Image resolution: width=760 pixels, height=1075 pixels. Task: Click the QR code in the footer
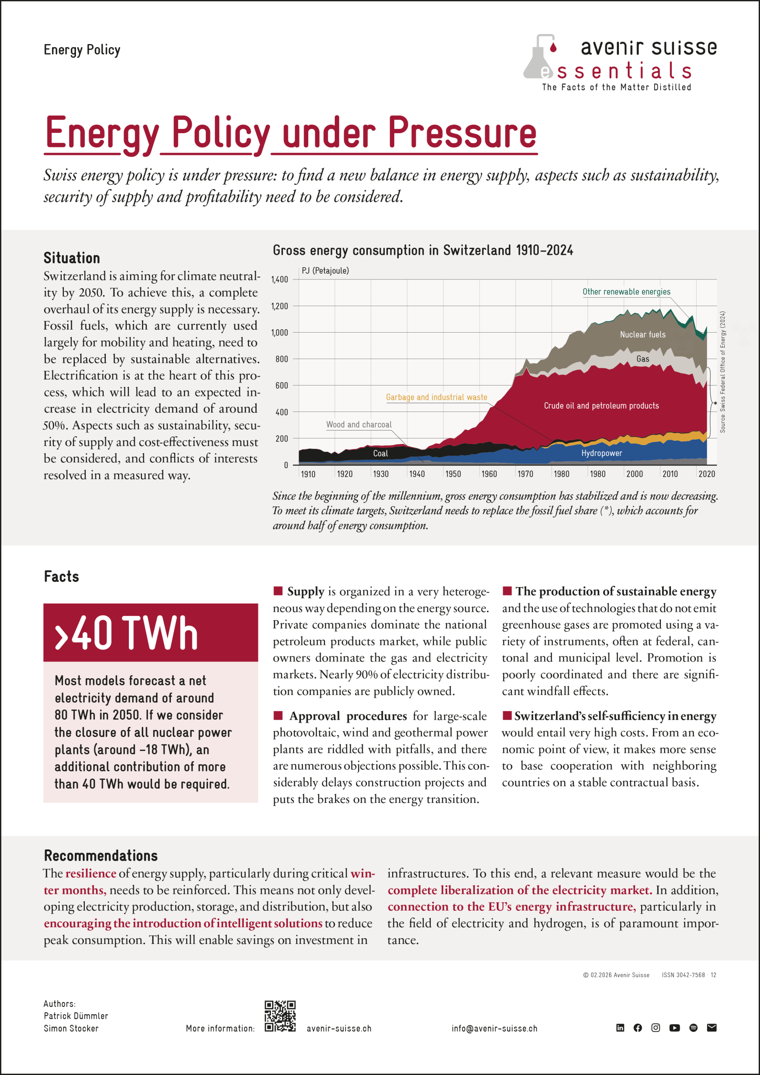tap(280, 1016)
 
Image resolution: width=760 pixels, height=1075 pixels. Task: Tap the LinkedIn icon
tap(620, 1027)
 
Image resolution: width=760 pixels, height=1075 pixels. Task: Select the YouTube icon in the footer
tap(674, 1028)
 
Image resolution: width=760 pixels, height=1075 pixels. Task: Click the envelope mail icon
tap(712, 1027)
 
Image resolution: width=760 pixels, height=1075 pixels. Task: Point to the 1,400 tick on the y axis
tap(280, 280)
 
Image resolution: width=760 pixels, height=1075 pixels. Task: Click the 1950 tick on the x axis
tap(453, 474)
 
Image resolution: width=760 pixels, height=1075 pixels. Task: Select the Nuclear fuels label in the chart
tap(642, 334)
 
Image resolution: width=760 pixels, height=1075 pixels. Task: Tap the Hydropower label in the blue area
tap(602, 453)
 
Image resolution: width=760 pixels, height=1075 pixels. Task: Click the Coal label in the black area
tap(380, 453)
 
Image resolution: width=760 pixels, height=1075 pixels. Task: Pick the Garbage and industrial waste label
tap(436, 397)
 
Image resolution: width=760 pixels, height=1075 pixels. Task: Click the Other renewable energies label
tap(626, 292)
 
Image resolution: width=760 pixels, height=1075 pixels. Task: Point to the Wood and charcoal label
tap(359, 425)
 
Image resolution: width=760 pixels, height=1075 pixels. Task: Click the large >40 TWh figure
tap(126, 632)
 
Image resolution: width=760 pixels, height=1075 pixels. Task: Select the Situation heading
tap(72, 258)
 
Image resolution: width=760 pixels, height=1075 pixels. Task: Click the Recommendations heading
tap(101, 855)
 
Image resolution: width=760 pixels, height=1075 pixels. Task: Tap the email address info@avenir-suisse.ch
tap(495, 1028)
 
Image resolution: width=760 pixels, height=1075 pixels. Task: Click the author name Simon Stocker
tap(71, 1028)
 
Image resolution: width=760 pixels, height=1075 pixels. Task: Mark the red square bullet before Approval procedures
tap(278, 715)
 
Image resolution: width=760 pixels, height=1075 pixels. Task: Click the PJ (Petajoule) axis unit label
tap(325, 270)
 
